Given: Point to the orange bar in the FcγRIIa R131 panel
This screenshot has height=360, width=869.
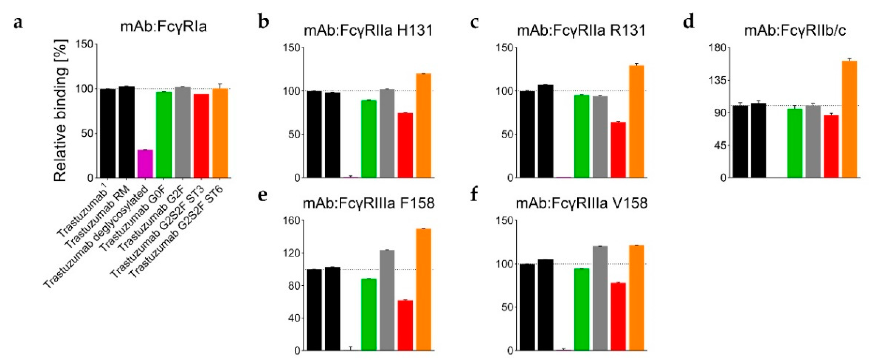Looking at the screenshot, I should pos(637,121).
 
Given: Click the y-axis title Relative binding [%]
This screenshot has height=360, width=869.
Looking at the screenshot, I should pos(61,111).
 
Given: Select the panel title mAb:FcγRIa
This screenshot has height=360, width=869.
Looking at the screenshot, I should pos(163,26).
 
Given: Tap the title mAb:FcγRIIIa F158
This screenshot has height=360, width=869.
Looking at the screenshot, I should pos(369,204).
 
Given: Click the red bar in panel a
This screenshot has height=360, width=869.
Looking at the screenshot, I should pos(201,136).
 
